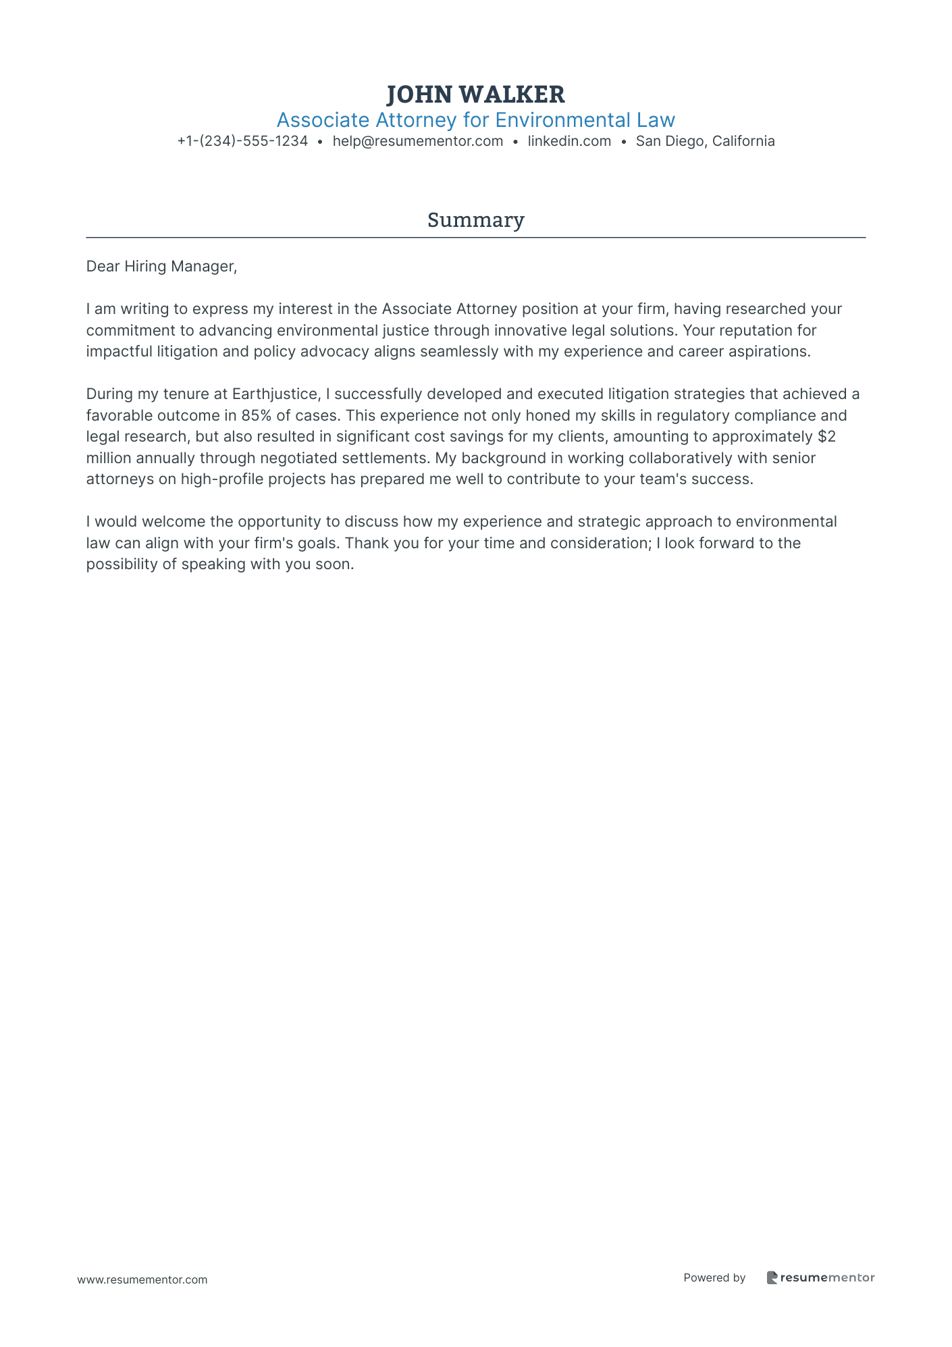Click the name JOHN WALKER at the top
coord(475,95)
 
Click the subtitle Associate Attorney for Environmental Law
coord(475,120)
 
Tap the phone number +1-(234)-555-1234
coord(242,141)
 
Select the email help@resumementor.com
coord(417,141)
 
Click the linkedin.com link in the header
coord(569,141)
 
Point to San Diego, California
coord(705,141)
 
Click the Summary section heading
coord(475,220)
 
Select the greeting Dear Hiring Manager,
coord(161,267)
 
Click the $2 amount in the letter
coord(826,437)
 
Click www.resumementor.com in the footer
coord(142,1279)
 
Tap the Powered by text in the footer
coord(714,1277)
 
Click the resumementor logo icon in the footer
coord(772,1277)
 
